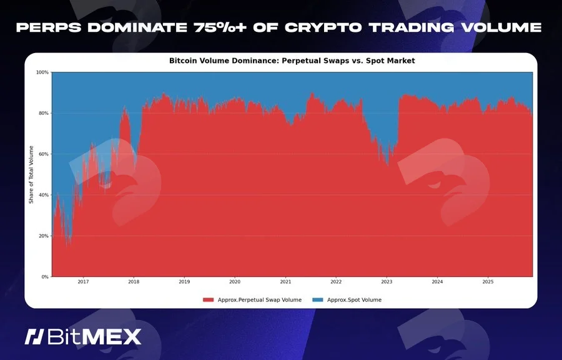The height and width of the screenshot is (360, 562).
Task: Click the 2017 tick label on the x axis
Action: coord(83,282)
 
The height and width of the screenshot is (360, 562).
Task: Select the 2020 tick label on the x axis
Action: coord(235,282)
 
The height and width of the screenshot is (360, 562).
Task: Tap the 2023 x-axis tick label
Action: coord(387,282)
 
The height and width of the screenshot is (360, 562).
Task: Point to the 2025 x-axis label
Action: coord(488,282)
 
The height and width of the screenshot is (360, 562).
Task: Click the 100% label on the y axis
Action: coord(42,72)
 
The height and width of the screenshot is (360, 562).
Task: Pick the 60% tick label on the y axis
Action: coord(44,154)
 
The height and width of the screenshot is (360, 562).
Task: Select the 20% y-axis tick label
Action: coord(44,236)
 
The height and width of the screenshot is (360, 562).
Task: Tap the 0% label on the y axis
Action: coord(45,277)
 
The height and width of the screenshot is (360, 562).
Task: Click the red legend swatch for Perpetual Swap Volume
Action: coord(208,300)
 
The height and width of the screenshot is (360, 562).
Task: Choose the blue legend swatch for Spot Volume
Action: coord(318,300)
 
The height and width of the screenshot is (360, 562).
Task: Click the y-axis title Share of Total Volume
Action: coord(31,175)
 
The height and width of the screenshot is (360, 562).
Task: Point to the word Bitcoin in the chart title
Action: coord(182,61)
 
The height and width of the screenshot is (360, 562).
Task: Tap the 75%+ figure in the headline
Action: coord(220,27)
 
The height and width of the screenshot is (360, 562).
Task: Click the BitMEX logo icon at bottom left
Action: coord(34,337)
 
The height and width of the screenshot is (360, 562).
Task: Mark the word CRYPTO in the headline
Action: coord(323,27)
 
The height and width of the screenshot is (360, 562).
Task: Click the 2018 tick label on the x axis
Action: coord(134,282)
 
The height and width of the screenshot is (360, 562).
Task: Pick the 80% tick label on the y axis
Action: coord(44,113)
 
